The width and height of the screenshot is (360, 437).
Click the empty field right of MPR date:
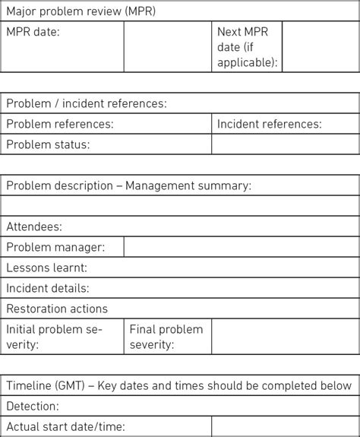[x=167, y=46]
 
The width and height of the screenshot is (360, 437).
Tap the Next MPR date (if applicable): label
[x=248, y=46]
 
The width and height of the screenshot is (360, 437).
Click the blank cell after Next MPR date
[x=321, y=46]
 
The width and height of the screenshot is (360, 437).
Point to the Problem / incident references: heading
[x=87, y=103]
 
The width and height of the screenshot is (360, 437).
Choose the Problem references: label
[x=60, y=124]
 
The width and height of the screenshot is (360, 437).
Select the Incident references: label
[x=269, y=124]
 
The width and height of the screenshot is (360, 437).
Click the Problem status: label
[x=48, y=144]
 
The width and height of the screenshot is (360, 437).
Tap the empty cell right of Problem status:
[x=285, y=144]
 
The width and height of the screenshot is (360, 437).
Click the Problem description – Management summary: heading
[x=128, y=185]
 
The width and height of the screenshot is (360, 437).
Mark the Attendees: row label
[x=34, y=226]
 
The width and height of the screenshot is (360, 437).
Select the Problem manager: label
[x=55, y=247]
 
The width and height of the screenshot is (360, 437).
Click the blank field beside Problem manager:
[x=242, y=247]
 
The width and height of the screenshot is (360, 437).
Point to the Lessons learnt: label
[x=46, y=268]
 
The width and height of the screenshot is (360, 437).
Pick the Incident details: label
[x=48, y=288]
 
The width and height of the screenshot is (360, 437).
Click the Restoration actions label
[x=57, y=309]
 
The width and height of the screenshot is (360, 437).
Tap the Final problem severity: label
[x=166, y=337]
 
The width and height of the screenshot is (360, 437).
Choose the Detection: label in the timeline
[x=33, y=407]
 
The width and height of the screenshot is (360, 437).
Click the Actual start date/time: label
[x=65, y=427]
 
